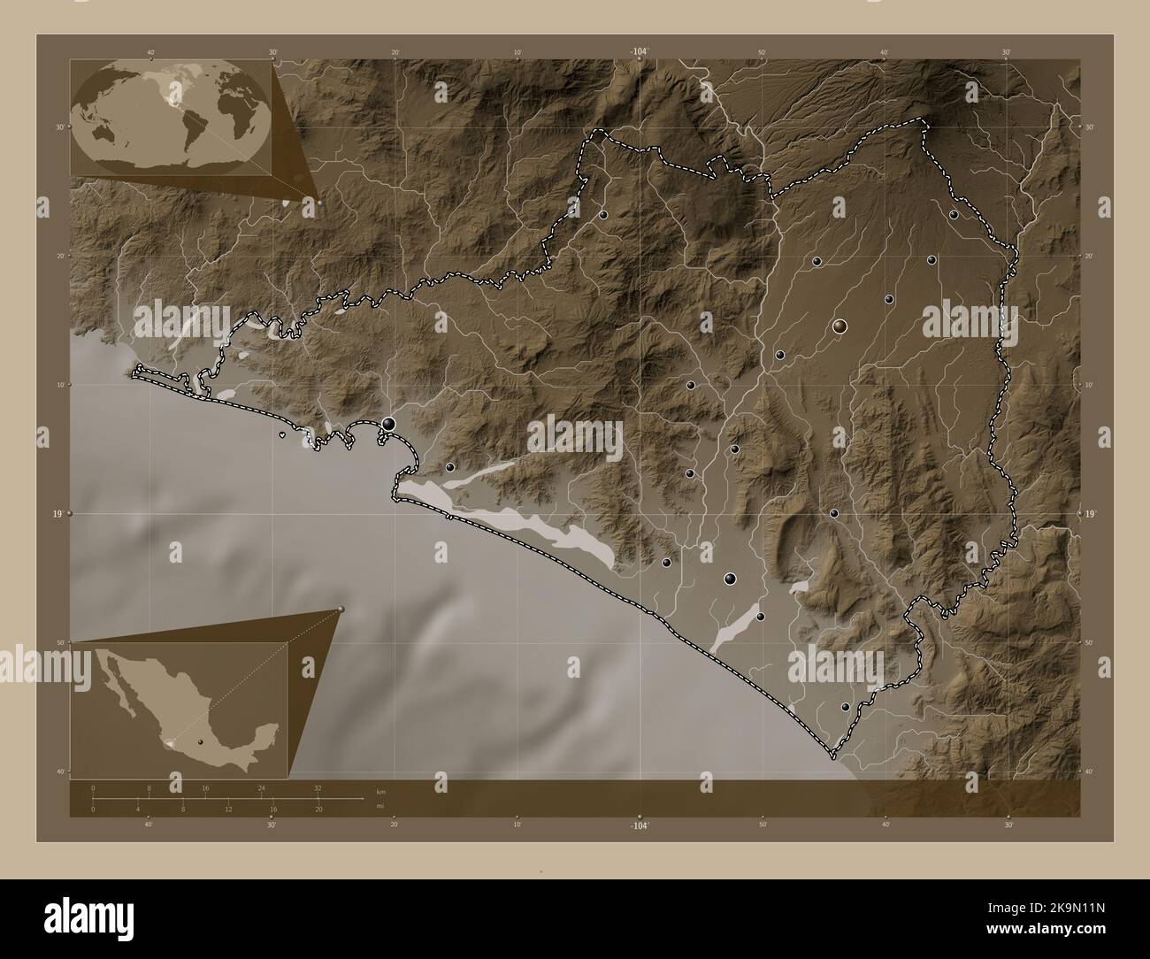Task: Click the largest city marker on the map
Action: point(839,326)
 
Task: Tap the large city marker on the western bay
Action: point(388,424)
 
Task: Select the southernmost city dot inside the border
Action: point(845,707)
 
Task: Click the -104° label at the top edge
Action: point(640,52)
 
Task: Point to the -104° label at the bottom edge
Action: point(640,825)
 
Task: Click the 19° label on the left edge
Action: point(55,513)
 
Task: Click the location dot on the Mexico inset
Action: point(201,741)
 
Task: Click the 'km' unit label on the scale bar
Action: point(381,791)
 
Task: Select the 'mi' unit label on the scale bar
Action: point(379,806)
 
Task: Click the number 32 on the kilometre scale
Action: point(318,787)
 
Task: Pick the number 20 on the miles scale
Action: point(318,809)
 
